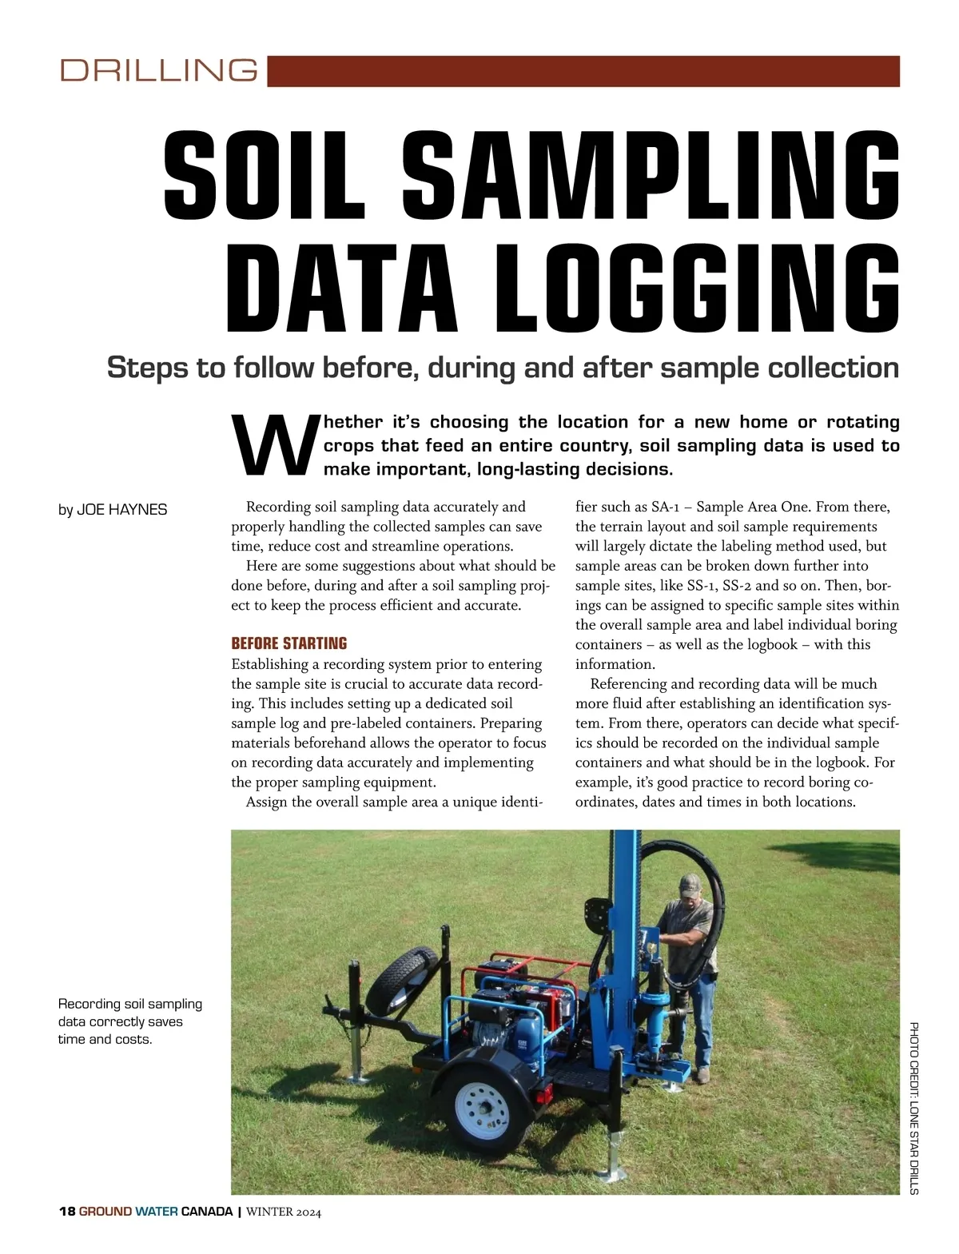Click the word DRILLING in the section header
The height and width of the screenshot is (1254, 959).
pos(158,70)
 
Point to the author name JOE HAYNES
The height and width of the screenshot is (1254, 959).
pos(121,510)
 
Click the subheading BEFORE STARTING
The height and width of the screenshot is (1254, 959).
pos(288,643)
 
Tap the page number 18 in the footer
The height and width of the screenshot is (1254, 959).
pos(66,1211)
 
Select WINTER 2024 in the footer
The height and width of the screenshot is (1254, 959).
pos(284,1212)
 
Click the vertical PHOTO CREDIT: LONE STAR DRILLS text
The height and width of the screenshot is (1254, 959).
pos(913,1107)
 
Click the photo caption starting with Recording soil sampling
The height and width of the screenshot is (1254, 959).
pos(129,1021)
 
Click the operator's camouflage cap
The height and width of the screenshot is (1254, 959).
pos(689,885)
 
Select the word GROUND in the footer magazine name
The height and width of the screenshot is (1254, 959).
pos(105,1211)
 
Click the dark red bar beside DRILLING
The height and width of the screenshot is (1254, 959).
pos(583,70)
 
